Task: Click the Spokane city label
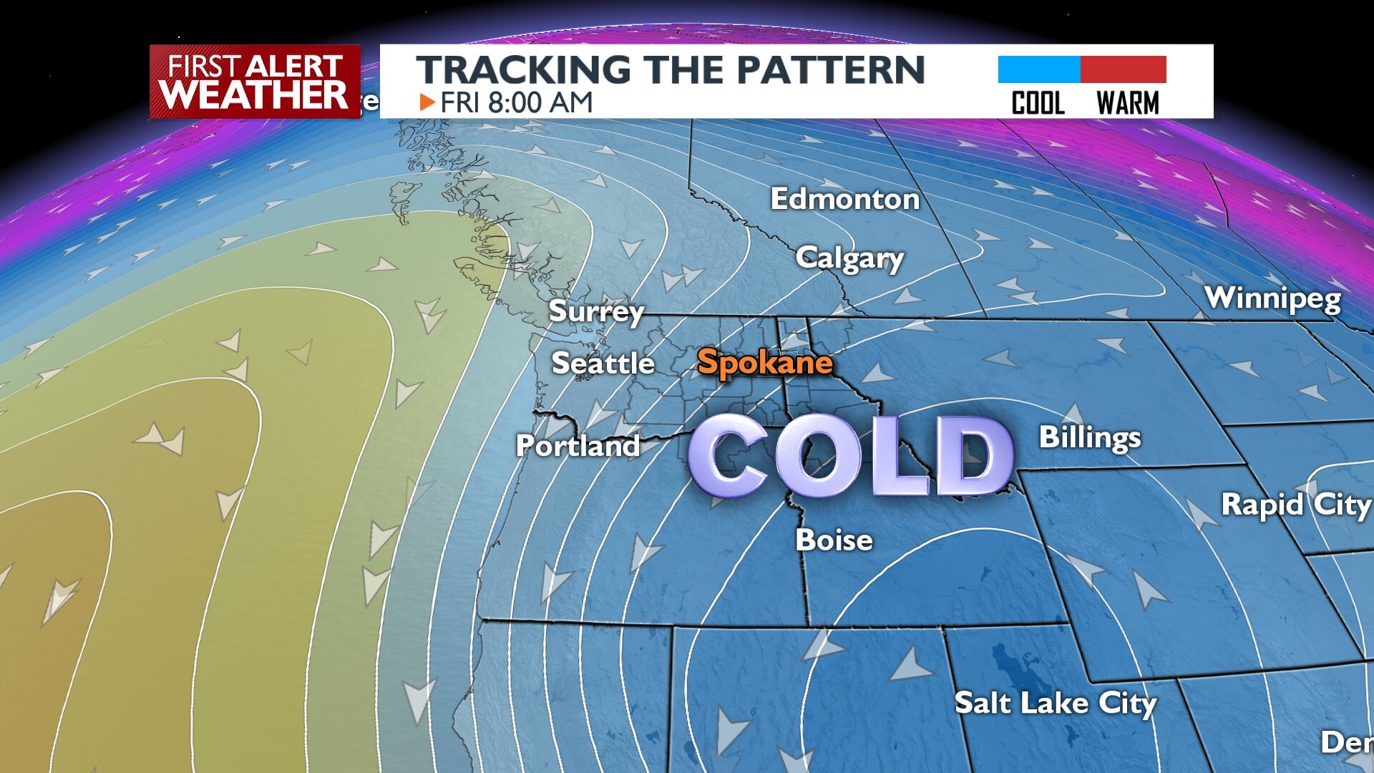(764, 362)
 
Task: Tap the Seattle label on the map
(603, 364)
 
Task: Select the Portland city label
(578, 446)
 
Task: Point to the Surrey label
(596, 311)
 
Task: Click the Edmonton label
(844, 199)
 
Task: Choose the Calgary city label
(849, 258)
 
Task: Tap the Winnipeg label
(1272, 298)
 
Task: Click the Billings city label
(1089, 437)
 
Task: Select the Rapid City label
(1295, 505)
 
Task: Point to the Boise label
(834, 540)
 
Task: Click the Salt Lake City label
(1055, 703)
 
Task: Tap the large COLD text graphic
(850, 456)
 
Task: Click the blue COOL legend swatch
(1038, 69)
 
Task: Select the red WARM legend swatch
(1124, 69)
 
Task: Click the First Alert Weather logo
(255, 82)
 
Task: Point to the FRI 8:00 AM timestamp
(516, 102)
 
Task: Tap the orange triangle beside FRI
(427, 102)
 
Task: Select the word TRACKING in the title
(523, 69)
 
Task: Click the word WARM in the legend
(1127, 104)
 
